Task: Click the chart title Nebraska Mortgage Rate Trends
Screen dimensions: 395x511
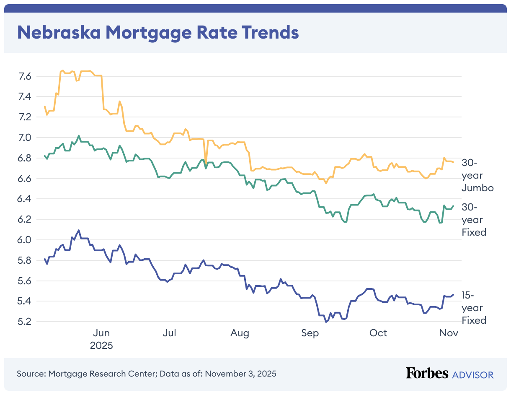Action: [157, 32]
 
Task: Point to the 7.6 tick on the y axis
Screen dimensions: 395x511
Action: [25, 76]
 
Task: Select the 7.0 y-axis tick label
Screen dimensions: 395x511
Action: [25, 138]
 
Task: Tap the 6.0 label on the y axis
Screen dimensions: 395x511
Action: [25, 240]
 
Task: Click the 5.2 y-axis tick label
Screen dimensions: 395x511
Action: [25, 322]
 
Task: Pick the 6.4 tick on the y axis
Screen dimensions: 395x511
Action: [25, 199]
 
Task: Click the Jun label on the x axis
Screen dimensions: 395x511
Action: [101, 333]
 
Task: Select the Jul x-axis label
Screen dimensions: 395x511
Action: [170, 333]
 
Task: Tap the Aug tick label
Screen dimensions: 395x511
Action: [240, 333]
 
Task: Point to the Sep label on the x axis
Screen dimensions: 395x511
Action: [310, 333]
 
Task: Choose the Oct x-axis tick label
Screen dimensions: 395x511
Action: [378, 333]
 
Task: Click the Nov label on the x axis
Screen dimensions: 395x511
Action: [449, 333]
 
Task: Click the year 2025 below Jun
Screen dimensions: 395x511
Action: [101, 346]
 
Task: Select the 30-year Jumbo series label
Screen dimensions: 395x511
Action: [477, 175]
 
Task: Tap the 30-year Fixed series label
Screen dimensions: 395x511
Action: [474, 219]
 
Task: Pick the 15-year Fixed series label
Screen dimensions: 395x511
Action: [474, 308]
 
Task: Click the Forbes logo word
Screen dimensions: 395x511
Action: [427, 373]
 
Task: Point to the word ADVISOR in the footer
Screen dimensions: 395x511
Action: [473, 374]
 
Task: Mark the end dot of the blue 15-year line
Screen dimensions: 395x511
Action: [453, 294]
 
